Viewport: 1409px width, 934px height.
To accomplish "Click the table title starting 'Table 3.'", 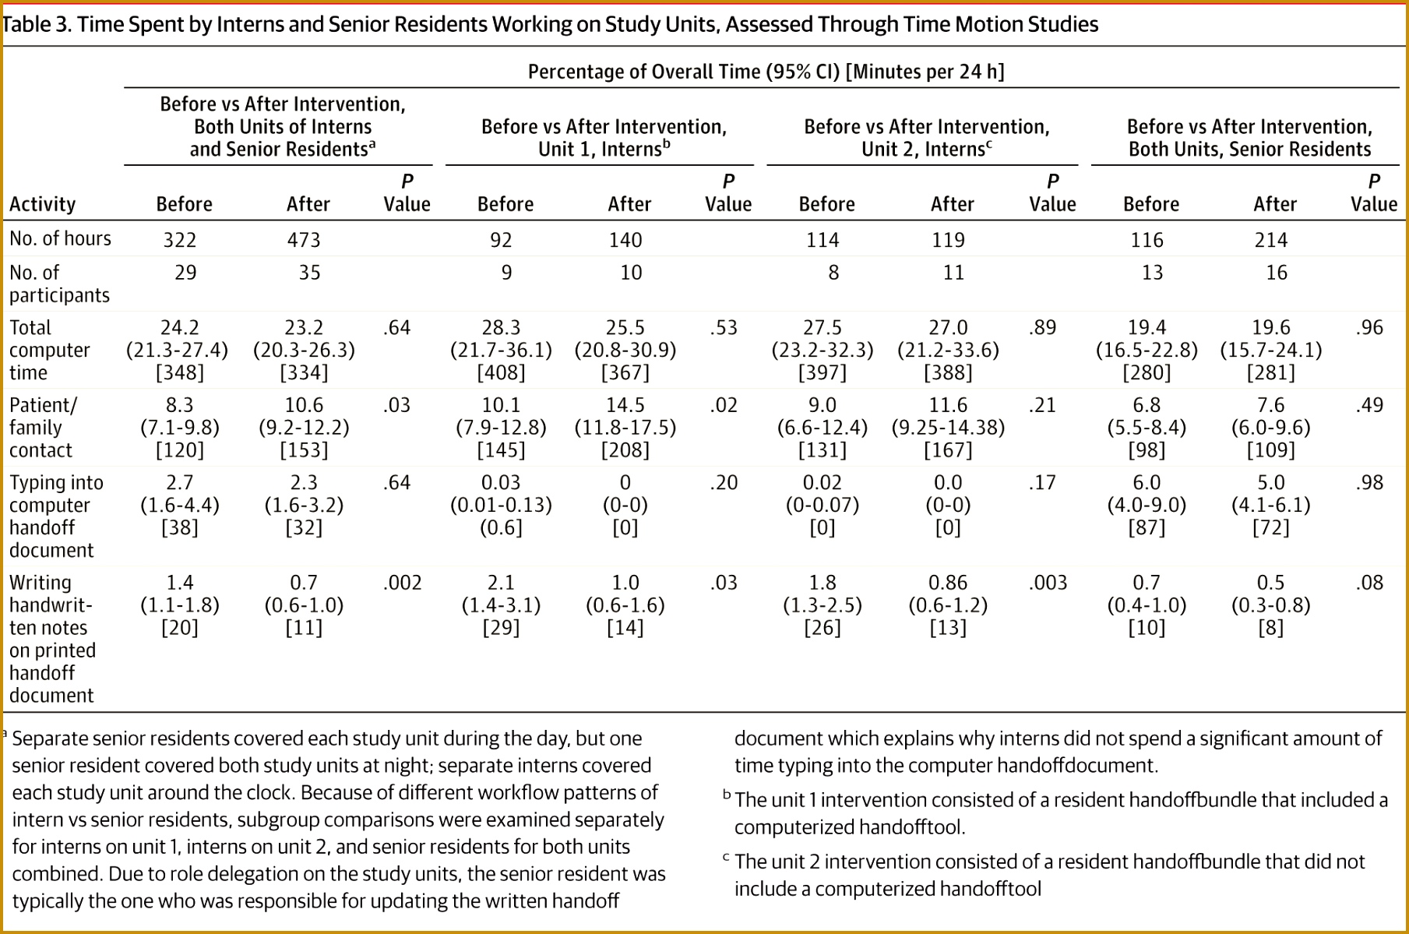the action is tap(550, 24).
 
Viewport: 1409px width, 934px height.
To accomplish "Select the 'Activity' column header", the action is tap(42, 204).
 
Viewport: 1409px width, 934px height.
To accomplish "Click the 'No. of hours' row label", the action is tap(60, 238).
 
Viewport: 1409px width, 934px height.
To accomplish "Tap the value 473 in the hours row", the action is tap(304, 239).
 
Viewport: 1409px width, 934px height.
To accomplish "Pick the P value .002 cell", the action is tap(403, 583).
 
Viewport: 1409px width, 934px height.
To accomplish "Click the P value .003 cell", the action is tap(1048, 583).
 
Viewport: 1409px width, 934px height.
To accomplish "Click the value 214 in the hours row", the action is tap(1271, 239).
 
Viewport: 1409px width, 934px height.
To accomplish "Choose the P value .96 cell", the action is tap(1369, 327).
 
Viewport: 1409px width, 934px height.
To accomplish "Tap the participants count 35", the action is tap(310, 273).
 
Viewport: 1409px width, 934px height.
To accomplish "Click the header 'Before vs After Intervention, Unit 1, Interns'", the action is tap(604, 138).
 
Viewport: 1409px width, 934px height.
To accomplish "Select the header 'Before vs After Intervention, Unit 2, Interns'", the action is tap(927, 138).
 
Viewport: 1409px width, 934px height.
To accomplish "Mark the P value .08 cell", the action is tap(1369, 583).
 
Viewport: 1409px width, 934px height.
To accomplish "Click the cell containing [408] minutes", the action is tap(501, 372).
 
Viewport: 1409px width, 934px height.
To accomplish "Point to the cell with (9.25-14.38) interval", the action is tap(948, 428).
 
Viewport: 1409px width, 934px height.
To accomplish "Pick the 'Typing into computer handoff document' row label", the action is tap(56, 516).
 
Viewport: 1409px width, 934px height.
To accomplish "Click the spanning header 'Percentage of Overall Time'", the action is tap(766, 72).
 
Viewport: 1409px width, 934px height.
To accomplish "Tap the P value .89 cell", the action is tap(1042, 327).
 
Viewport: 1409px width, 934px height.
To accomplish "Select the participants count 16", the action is tap(1277, 273).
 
